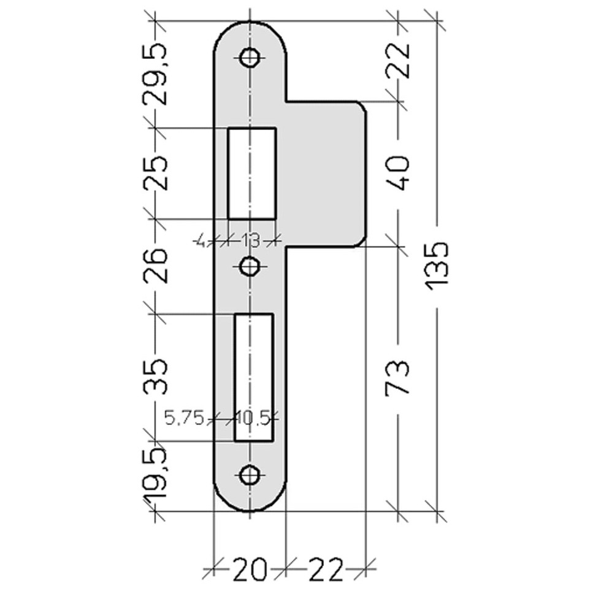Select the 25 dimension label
click(155, 174)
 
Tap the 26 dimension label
click(155, 266)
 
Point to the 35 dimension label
click(155, 377)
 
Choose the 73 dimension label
click(397, 378)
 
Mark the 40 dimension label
click(397, 174)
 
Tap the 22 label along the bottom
click(326, 570)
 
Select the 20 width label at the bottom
click(250, 570)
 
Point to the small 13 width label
click(251, 240)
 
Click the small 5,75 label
click(185, 418)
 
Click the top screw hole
click(250, 58)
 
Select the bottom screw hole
click(250, 475)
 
